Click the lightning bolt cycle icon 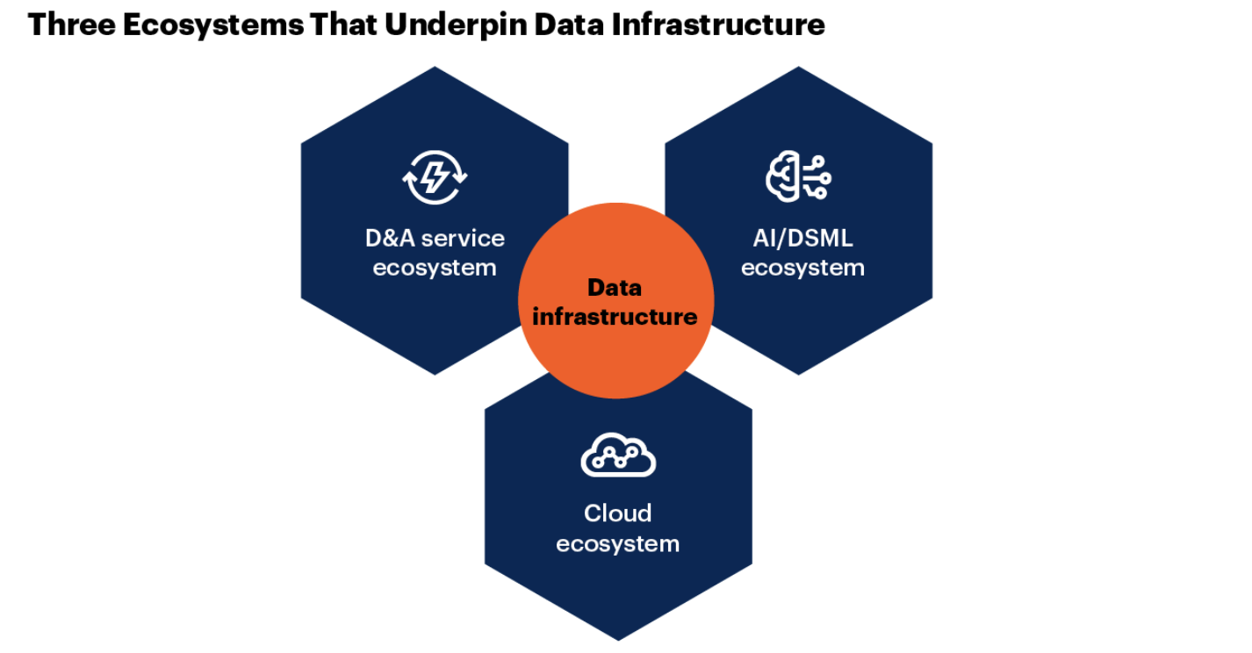[x=435, y=178]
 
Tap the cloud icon [x=618, y=455]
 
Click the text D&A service [x=435, y=238]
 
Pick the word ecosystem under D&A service [x=435, y=268]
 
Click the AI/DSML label [x=802, y=238]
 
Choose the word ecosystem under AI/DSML [x=802, y=268]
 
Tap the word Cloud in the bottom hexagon [x=618, y=513]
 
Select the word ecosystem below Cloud [x=618, y=543]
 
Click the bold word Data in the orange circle [x=615, y=288]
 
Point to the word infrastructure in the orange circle [x=615, y=317]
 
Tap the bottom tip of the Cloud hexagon [x=618, y=639]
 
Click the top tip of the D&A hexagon [x=435, y=68]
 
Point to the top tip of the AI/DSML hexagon [x=798, y=68]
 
